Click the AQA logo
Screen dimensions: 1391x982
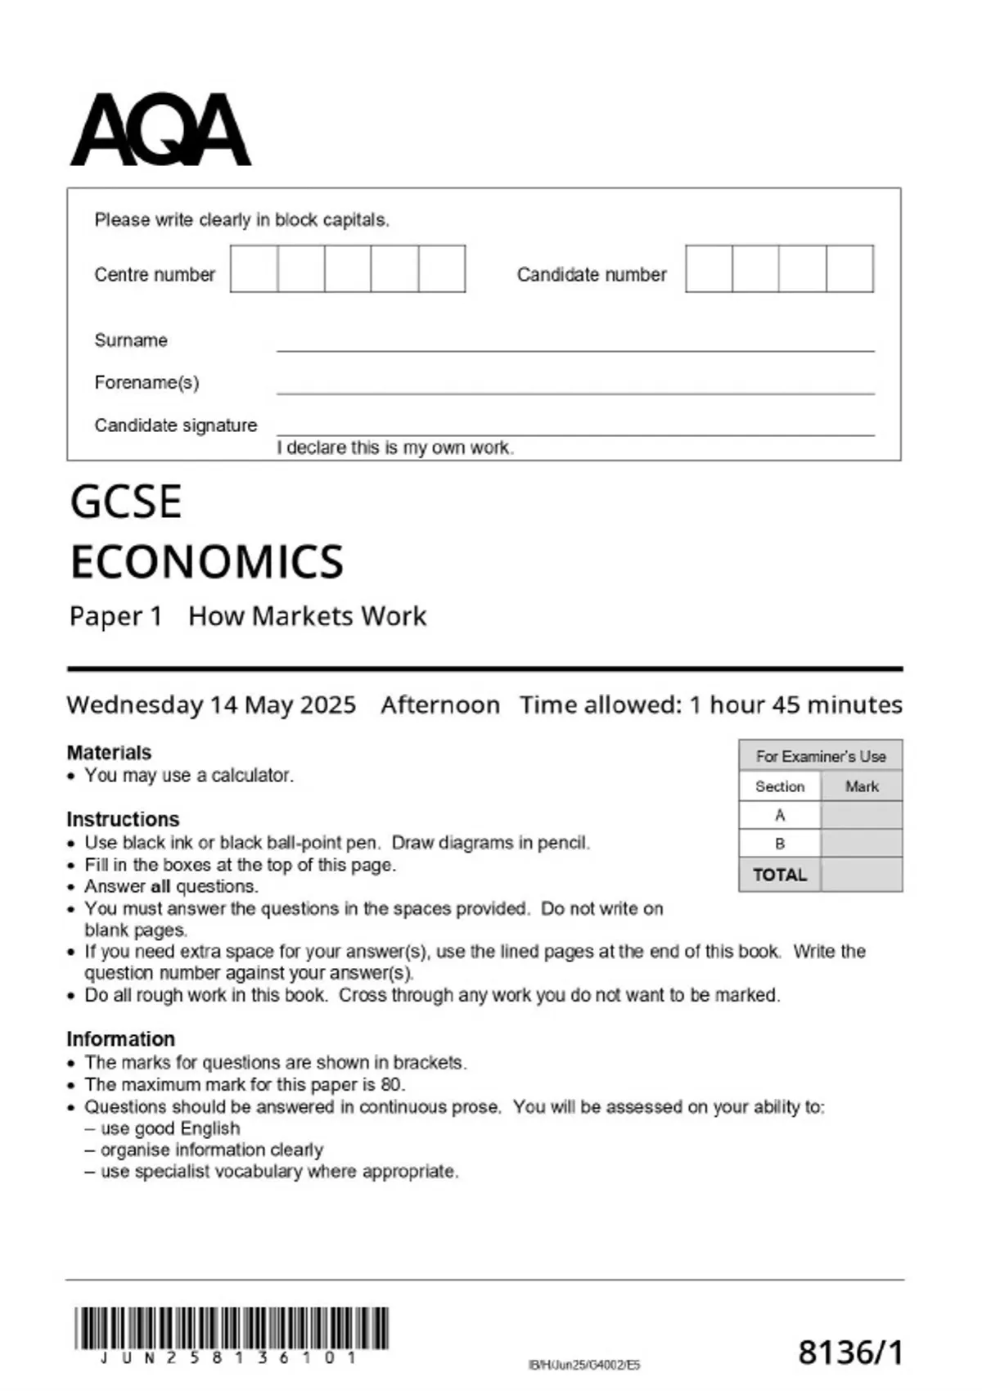coord(160,129)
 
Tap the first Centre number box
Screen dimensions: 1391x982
coord(254,268)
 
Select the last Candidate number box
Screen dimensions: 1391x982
coord(849,268)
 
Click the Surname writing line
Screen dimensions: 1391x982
coord(574,344)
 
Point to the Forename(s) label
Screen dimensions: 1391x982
coord(146,383)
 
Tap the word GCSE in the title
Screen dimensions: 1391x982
coord(126,502)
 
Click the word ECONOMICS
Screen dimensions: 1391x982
coord(207,562)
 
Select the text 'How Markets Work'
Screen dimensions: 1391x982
coord(307,616)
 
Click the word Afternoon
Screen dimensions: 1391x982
coord(440,705)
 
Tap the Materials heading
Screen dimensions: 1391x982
coord(109,753)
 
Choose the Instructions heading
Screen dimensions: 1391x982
coord(123,819)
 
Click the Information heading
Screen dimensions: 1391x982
coord(120,1039)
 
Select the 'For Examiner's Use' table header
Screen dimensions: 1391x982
coord(820,756)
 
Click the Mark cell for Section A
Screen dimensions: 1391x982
coord(861,815)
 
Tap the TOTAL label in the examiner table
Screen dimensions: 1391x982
coord(779,875)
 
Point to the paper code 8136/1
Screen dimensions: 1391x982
coord(850,1353)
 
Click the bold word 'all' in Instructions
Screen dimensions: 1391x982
coord(160,887)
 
